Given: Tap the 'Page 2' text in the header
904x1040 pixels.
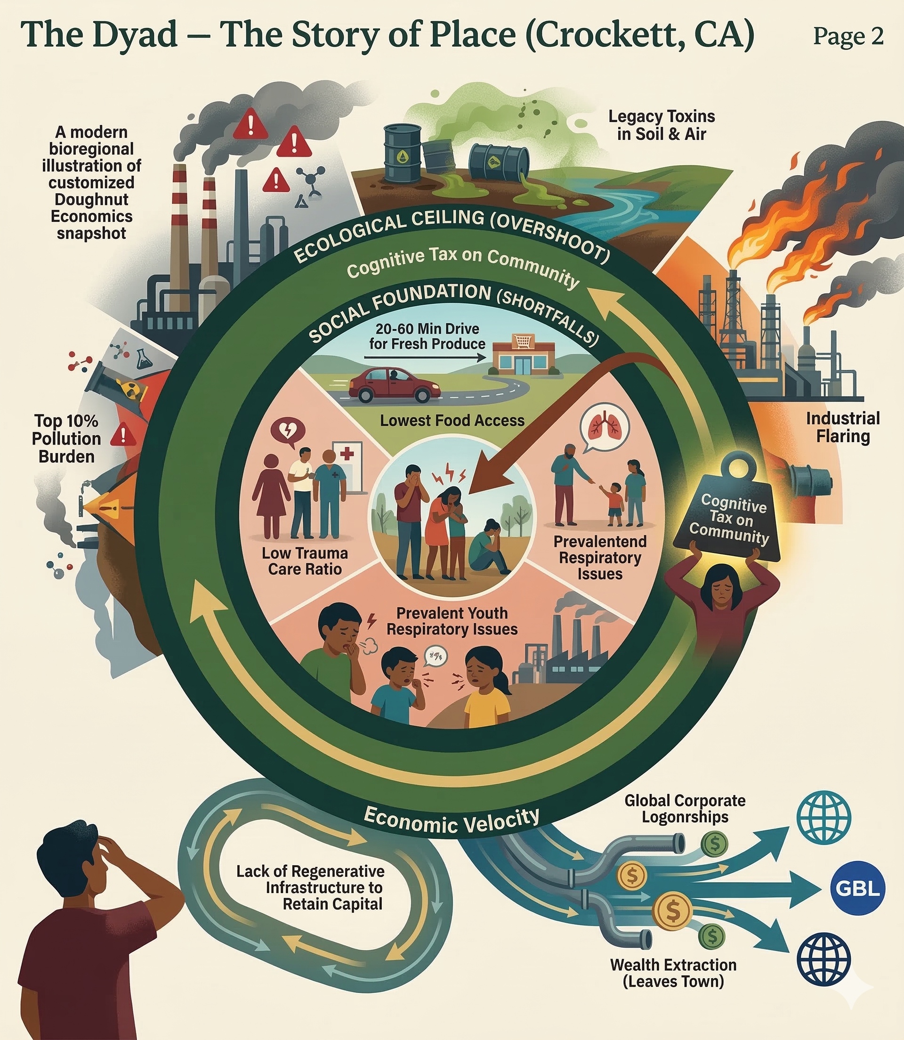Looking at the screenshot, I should [x=848, y=36].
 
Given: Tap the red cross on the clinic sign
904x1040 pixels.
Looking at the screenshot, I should [x=347, y=454].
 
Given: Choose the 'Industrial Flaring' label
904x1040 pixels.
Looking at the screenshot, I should [x=842, y=427].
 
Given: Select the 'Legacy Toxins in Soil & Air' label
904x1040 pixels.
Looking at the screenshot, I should [x=662, y=125].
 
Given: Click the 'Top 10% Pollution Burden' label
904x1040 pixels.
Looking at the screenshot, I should [x=66, y=439].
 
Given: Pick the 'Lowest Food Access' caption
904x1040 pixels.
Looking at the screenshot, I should [x=452, y=420].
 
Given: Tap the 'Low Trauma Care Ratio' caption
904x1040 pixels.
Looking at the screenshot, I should [x=305, y=561].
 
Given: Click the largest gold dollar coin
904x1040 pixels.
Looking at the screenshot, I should [x=672, y=911].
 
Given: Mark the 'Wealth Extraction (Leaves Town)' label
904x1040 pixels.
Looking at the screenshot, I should [x=673, y=973].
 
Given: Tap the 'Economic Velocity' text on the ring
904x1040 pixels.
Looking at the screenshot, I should [x=452, y=821].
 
